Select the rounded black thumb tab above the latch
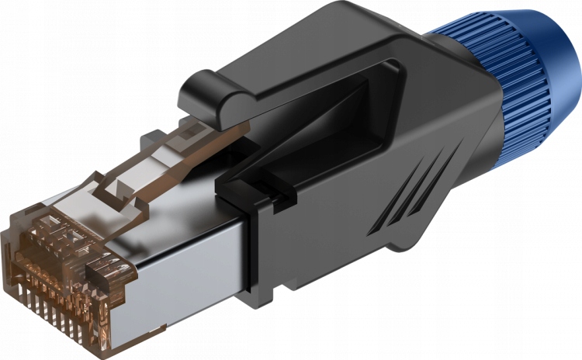[x=203, y=93]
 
